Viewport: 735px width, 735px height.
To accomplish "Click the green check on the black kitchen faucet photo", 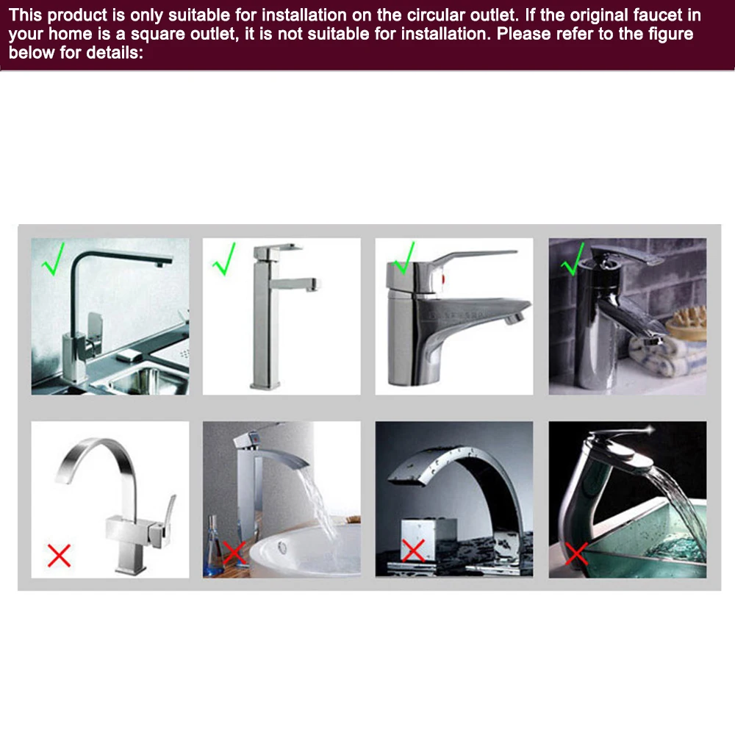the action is pos(54,259).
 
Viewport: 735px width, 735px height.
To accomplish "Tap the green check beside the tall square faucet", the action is pos(224,259).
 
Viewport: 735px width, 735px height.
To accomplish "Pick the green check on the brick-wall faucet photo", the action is pos(573,259).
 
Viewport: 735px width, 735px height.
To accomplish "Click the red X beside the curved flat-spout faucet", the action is pos(59,556).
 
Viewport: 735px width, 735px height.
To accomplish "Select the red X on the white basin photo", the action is pos(234,553).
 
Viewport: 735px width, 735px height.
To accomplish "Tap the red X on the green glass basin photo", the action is pos(576,554).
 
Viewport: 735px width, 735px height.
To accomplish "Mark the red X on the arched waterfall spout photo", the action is pos(413,550).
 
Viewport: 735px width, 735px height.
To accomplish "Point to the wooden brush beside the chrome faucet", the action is pos(686,322).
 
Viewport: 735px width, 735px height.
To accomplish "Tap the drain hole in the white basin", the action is pos(282,547).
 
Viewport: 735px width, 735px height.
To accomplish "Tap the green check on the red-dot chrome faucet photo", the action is pos(404,259).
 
